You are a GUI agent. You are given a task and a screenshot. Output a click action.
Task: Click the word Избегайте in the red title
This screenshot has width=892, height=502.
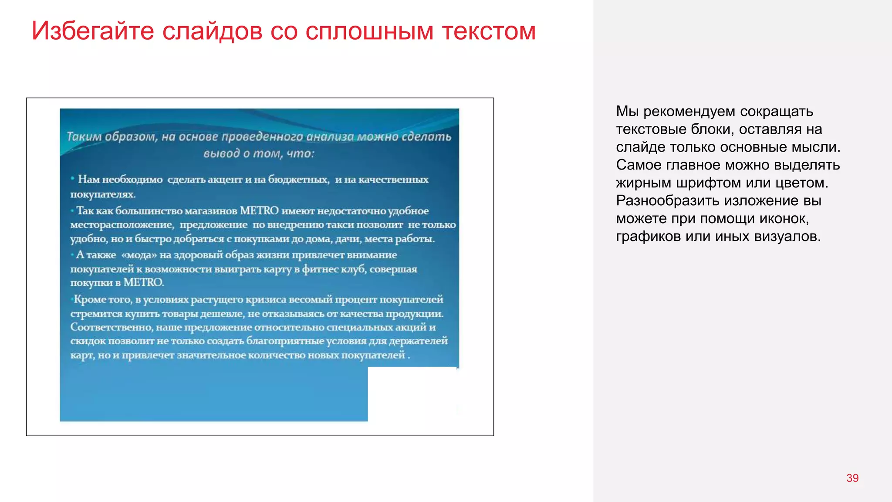[x=93, y=31]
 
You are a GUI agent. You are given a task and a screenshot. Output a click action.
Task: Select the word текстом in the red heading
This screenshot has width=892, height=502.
[x=489, y=31]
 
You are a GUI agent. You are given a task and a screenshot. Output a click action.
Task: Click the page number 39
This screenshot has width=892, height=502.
[x=852, y=478]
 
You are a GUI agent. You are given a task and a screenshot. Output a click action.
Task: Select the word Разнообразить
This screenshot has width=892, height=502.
[x=662, y=201]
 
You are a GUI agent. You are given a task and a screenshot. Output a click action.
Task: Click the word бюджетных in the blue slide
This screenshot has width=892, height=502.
[x=298, y=179]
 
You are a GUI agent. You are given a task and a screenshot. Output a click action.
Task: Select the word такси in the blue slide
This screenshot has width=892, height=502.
[x=340, y=225]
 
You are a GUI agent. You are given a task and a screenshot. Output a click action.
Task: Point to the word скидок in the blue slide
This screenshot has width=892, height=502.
[x=88, y=341]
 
